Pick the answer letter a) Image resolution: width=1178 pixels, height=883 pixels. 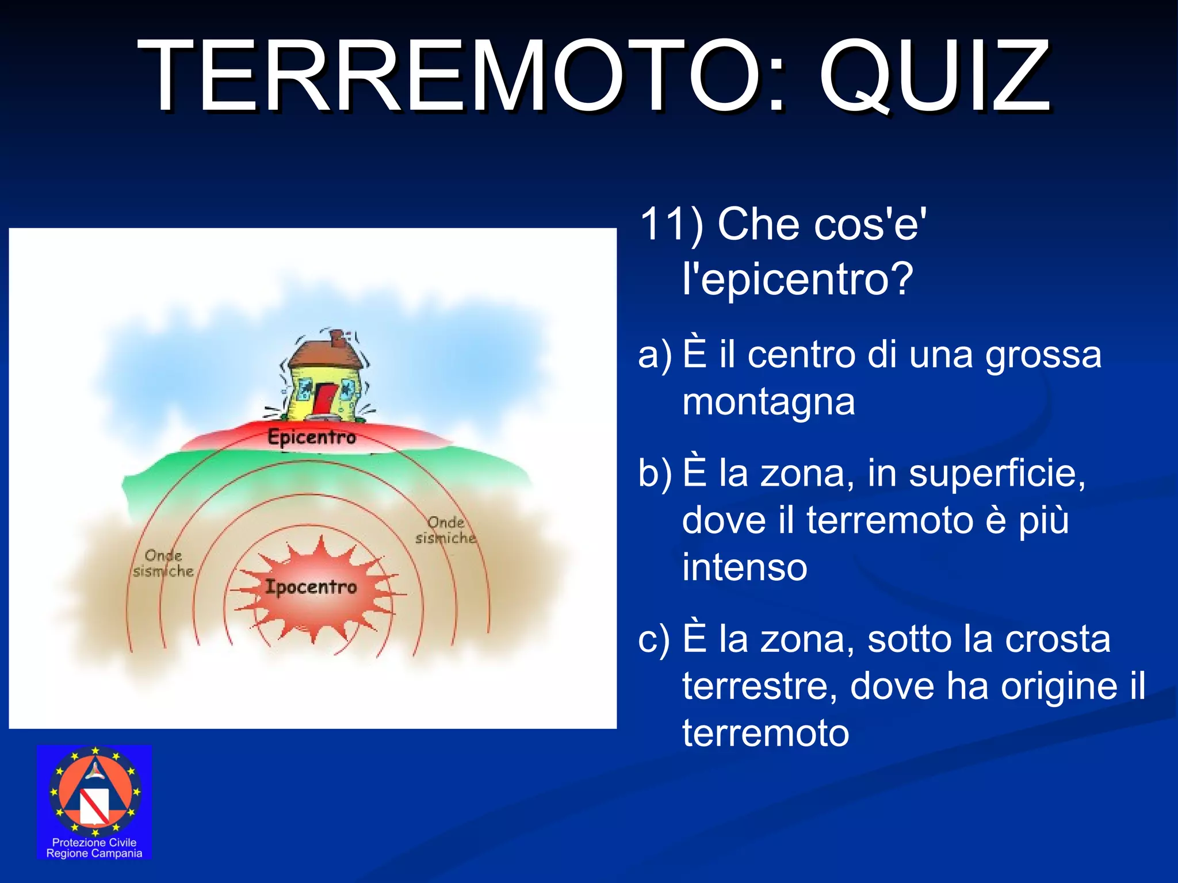655,354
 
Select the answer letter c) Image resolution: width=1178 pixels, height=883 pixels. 654,639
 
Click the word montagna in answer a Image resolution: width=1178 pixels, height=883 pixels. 768,402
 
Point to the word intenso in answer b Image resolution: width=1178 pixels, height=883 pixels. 745,567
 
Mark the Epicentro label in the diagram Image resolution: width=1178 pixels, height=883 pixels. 312,437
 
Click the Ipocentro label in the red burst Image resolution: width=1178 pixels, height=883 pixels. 311,588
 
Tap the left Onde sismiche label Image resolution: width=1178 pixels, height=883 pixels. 163,563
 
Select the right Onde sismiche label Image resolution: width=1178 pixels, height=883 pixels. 446,530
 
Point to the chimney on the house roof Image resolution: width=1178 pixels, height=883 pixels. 338,339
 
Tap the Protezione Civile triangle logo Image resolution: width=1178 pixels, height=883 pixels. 94,792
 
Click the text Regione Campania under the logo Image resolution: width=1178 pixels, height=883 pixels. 94,854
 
